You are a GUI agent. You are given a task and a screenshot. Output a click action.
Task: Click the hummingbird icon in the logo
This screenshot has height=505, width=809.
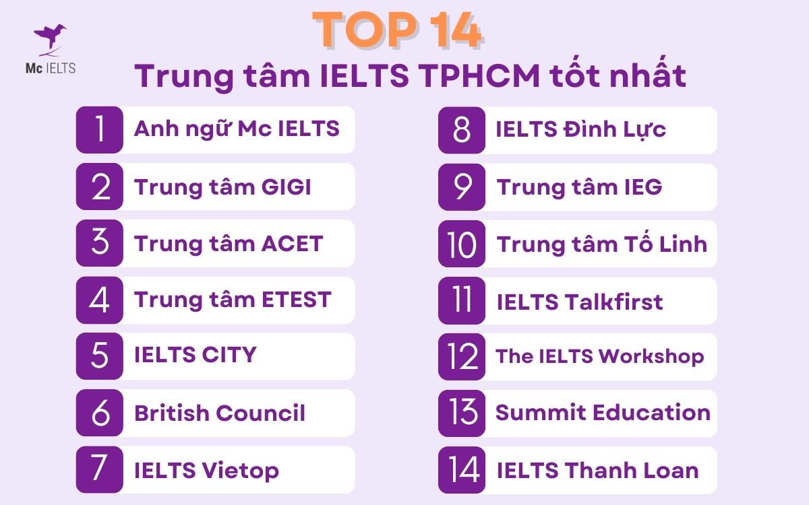[x=50, y=39]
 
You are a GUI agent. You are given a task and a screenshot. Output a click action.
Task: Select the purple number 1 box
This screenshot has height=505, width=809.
[x=100, y=130]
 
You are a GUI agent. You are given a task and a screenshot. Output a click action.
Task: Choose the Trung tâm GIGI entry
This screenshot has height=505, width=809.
[x=222, y=187]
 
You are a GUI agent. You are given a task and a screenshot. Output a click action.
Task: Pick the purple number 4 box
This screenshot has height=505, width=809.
[x=100, y=300]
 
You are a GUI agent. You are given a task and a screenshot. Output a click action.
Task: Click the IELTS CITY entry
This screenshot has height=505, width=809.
[x=196, y=355]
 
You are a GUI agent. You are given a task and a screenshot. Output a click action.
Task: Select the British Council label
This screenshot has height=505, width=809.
[x=220, y=412]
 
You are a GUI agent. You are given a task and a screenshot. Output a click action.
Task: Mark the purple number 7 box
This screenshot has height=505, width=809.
[x=100, y=469]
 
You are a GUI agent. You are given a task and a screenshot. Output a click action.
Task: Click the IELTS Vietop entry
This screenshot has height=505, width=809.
[x=206, y=470]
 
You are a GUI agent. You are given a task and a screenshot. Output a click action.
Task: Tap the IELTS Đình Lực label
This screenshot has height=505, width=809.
[x=580, y=129]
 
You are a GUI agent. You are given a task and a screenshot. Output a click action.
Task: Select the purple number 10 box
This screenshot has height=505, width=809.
[x=462, y=244]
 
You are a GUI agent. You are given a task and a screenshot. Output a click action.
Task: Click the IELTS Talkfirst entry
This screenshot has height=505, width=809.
[x=580, y=301]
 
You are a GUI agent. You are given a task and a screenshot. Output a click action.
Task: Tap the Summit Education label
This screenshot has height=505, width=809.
[x=603, y=412]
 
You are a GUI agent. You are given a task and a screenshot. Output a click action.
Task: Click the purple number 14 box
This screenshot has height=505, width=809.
[x=462, y=469]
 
